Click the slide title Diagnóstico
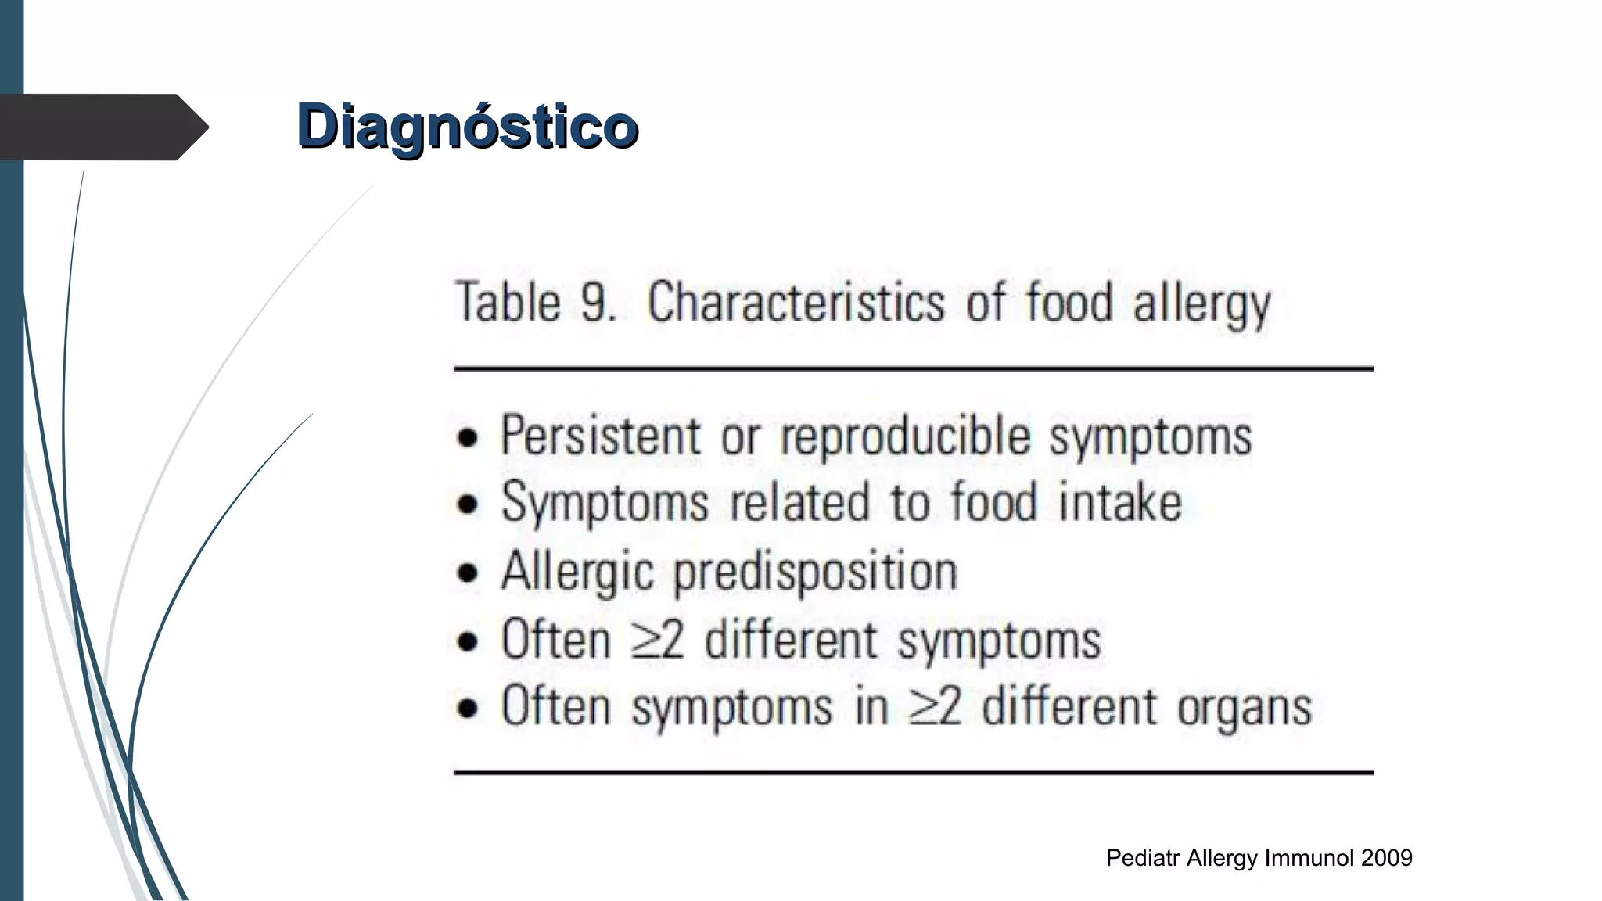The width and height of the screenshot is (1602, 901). click(467, 126)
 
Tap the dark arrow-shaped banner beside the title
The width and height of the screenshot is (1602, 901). click(102, 127)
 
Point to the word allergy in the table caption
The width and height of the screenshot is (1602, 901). click(1201, 303)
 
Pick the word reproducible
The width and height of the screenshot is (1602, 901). click(905, 436)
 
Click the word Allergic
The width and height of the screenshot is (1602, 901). click(577, 572)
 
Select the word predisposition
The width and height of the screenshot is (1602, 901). click(815, 572)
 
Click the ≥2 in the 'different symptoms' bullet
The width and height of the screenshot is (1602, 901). click(658, 640)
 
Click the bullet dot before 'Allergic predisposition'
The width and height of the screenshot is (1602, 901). click(468, 573)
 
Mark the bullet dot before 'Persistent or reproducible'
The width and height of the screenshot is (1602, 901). click(468, 438)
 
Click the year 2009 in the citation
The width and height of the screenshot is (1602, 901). click(1386, 858)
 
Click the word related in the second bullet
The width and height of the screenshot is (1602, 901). click(799, 502)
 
